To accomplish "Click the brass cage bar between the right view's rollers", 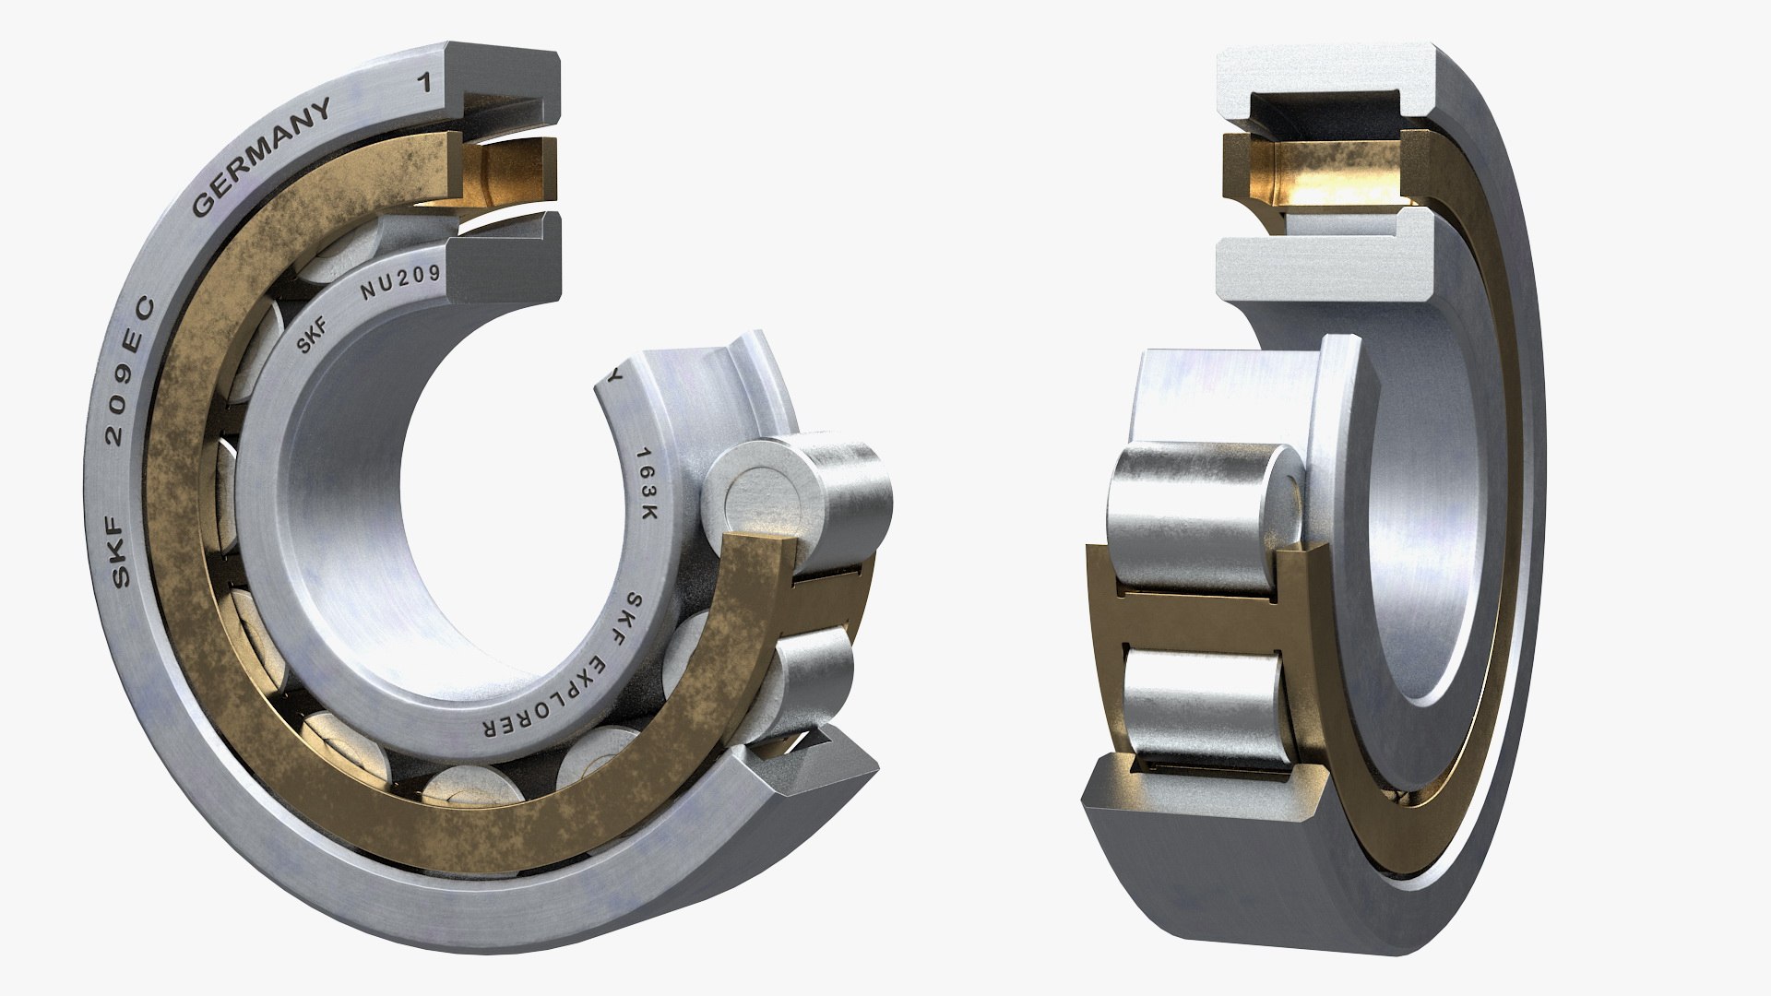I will point(1199,618).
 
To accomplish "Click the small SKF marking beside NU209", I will point(311,338).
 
